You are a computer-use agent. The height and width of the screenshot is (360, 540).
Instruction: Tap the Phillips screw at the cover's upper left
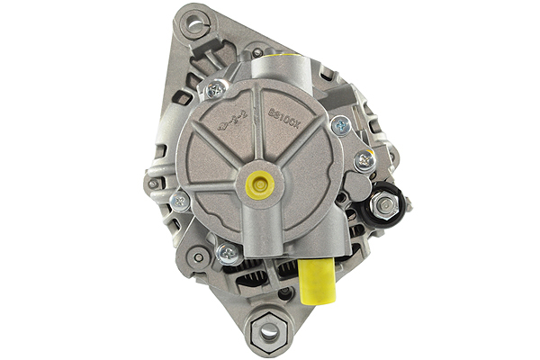pos(213,89)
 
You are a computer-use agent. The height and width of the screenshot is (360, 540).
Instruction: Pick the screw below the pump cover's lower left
pos(227,254)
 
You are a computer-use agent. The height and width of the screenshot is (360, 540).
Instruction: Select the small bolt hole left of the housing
pos(155,184)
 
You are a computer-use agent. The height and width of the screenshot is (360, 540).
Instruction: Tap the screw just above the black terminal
pos(364,162)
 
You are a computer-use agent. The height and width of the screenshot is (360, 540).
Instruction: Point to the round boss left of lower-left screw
pos(198,256)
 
